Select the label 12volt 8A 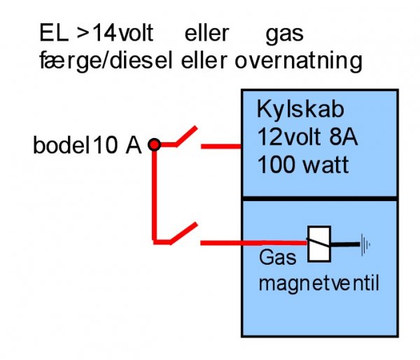[x=307, y=137]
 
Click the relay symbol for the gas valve [x=318, y=244]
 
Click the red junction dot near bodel [x=155, y=145]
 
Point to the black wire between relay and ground [x=344, y=244]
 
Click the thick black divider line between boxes [x=318, y=199]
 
